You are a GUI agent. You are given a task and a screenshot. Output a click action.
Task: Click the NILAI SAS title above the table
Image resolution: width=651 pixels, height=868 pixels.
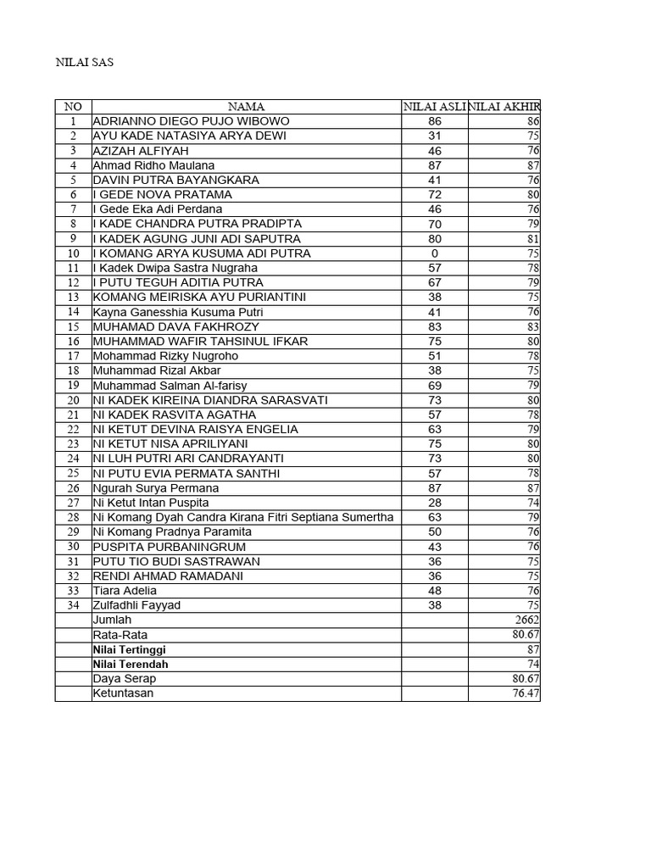[x=84, y=63]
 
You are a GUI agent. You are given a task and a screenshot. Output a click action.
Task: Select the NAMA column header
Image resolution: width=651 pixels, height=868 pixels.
[x=246, y=107]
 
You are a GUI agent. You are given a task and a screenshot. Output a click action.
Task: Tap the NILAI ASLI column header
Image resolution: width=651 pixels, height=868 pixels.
[x=434, y=107]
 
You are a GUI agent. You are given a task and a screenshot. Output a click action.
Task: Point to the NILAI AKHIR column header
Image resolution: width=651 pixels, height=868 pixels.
[x=504, y=107]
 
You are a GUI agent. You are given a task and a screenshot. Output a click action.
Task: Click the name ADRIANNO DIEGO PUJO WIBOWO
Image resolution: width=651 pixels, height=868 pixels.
[x=191, y=121]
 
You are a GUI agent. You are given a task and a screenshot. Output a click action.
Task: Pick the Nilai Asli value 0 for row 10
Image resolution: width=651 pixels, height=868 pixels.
[x=434, y=253]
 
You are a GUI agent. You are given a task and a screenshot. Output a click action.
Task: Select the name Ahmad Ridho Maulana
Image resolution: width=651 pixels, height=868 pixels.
[x=153, y=165]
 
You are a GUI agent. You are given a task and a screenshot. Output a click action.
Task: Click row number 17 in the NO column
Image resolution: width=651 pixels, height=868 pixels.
[x=73, y=356]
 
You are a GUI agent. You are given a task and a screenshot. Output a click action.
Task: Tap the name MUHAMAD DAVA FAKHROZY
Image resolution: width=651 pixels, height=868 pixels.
[x=176, y=326]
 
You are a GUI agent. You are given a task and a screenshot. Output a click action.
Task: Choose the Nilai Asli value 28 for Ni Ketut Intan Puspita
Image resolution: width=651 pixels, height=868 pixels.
[x=434, y=503]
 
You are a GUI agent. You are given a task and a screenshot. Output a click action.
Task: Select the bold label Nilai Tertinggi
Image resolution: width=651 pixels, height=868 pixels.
[x=130, y=649]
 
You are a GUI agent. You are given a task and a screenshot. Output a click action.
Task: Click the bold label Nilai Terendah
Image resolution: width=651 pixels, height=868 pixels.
[x=131, y=664]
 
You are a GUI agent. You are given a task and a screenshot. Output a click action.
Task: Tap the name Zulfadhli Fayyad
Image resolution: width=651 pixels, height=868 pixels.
[x=137, y=605]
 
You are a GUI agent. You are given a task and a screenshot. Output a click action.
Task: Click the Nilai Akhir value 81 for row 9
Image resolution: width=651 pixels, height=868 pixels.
[x=533, y=239]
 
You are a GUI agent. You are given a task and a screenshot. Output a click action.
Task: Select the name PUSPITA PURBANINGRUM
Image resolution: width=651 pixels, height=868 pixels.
[x=164, y=547]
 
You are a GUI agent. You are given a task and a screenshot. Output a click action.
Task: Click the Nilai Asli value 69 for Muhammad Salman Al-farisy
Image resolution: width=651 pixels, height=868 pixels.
[x=434, y=386]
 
